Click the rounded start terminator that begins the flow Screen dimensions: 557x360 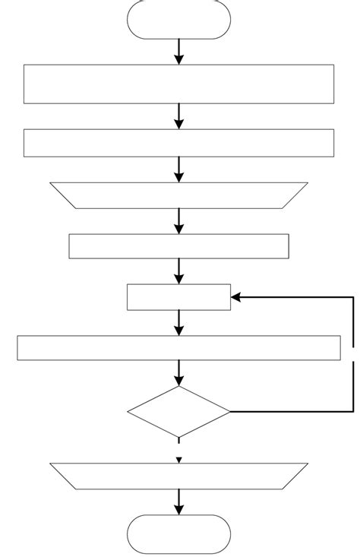coord(179,19)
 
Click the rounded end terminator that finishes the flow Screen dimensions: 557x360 coord(179,534)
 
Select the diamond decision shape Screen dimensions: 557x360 coord(179,412)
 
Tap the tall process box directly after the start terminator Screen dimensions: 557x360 coord(179,84)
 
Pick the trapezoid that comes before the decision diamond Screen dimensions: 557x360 coord(179,195)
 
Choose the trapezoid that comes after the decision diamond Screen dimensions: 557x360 coord(179,476)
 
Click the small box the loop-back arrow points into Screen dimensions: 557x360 coord(179,297)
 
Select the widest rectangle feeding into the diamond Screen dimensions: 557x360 coord(179,347)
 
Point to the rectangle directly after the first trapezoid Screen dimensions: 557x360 coord(179,246)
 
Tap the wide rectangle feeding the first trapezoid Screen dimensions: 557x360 coord(179,143)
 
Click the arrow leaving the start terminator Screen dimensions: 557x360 coord(179,51)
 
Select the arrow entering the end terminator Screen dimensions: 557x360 coord(179,502)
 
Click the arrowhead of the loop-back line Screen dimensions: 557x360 coord(235,297)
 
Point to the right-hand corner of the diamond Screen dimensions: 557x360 coord(229,412)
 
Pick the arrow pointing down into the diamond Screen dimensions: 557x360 coord(179,373)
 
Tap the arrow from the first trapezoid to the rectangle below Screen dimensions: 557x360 coord(179,221)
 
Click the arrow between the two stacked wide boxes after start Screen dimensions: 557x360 coord(179,116)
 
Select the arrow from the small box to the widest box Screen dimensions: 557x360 coord(179,323)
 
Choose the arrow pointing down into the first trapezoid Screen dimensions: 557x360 coord(179,169)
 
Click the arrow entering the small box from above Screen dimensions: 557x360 coord(179,271)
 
